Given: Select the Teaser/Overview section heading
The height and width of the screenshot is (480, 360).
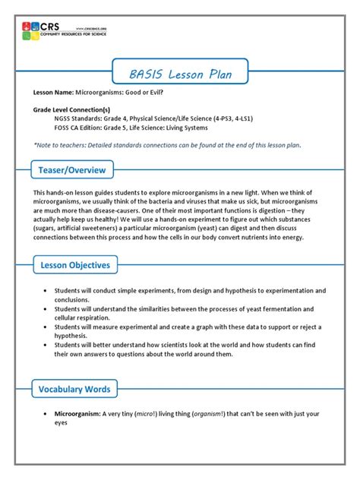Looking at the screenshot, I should tap(73, 169).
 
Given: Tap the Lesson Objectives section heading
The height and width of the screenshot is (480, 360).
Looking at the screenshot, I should tap(75, 265).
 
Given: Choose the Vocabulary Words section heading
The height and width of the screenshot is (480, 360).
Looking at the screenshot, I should tap(74, 390).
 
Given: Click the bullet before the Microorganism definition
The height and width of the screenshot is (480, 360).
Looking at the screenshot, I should tap(46, 414).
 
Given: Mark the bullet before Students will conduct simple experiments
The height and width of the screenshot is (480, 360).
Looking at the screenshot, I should tap(46, 290).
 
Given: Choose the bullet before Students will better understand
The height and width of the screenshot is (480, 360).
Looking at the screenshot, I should tap(46, 344).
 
